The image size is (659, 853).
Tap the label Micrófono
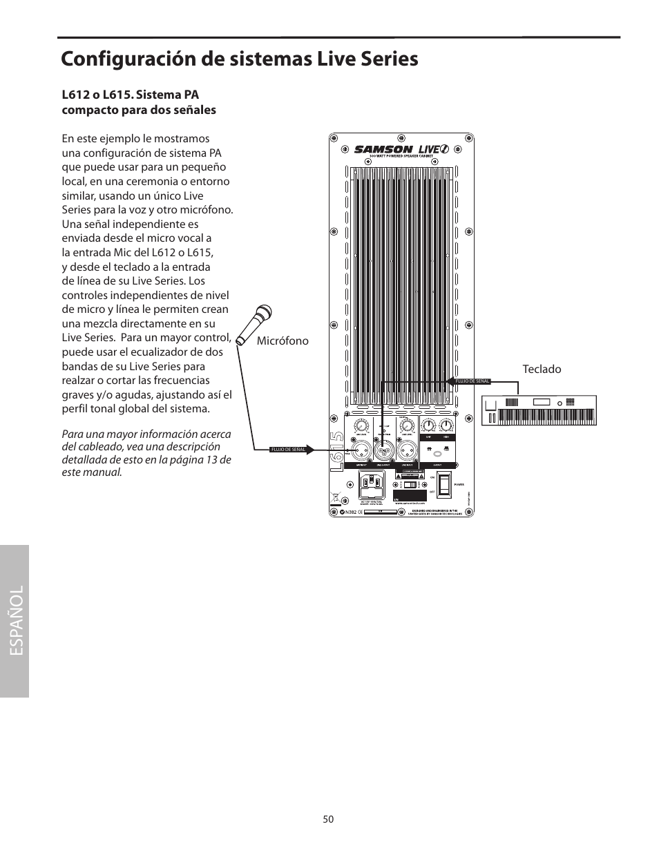pos(283,341)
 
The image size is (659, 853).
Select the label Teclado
pos(542,370)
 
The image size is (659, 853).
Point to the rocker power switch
pos(444,485)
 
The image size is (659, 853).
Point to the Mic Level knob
pos(361,425)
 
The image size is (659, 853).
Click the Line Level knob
pos(407,425)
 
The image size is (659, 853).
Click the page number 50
pos(328,819)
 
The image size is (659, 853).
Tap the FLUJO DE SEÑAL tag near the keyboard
pos(473,381)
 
